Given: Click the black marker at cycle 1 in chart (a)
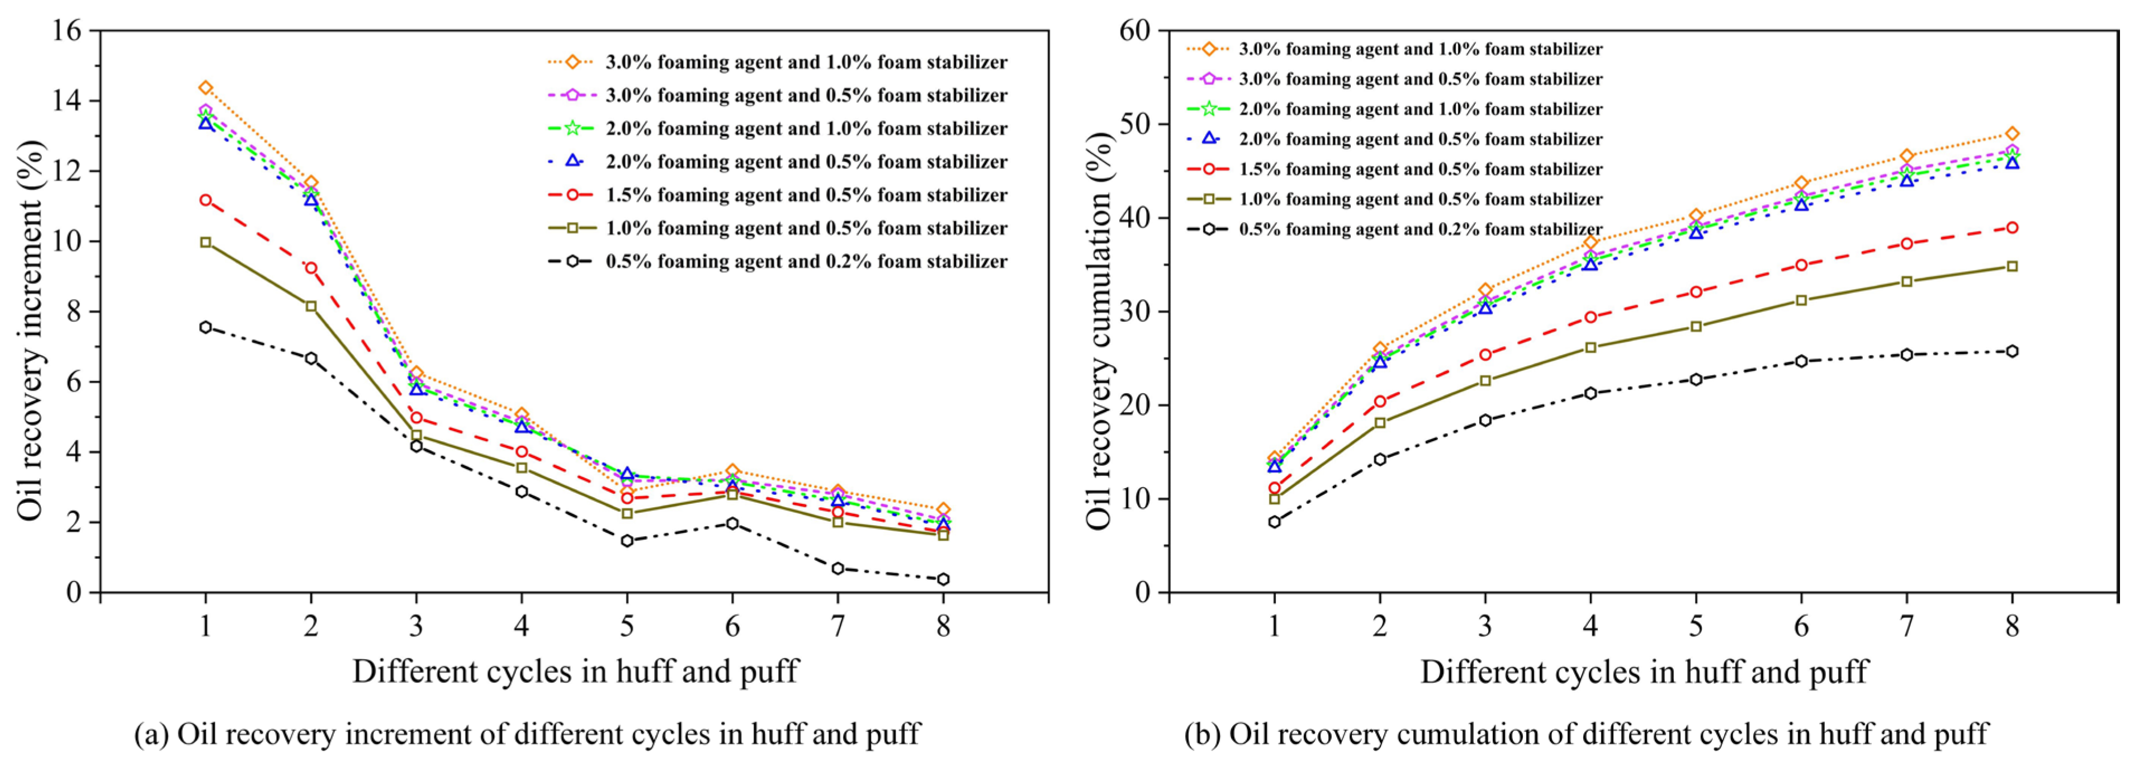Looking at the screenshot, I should point(205,327).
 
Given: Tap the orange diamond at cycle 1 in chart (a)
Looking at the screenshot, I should point(205,88).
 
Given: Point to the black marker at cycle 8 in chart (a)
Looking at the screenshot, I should point(943,579).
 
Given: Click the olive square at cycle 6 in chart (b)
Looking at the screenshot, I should point(1801,300).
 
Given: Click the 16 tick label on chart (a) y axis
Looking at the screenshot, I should point(67,31).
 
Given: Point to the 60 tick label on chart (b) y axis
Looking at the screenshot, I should point(1135,31).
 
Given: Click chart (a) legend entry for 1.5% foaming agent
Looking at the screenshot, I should point(806,195).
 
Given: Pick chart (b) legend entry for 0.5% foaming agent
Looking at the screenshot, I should point(1420,229).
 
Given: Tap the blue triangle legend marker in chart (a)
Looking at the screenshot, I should point(571,161).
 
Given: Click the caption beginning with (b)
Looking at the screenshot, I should point(1586,734).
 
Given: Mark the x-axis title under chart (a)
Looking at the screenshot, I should point(575,671).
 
